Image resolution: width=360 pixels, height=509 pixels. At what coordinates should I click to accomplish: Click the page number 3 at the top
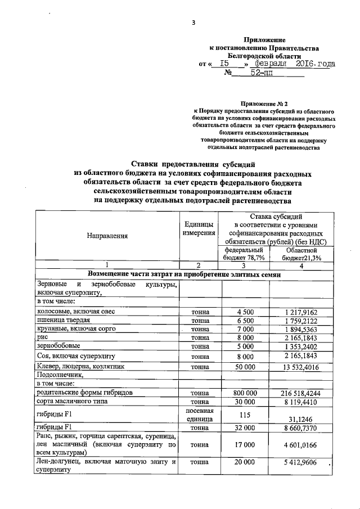(x=193, y=23)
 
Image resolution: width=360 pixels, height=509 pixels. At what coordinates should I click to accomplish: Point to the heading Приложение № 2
(x=263, y=105)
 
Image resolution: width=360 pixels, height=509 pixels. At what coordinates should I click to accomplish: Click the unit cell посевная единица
(x=197, y=415)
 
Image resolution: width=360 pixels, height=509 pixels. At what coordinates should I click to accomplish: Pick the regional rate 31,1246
(x=303, y=418)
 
